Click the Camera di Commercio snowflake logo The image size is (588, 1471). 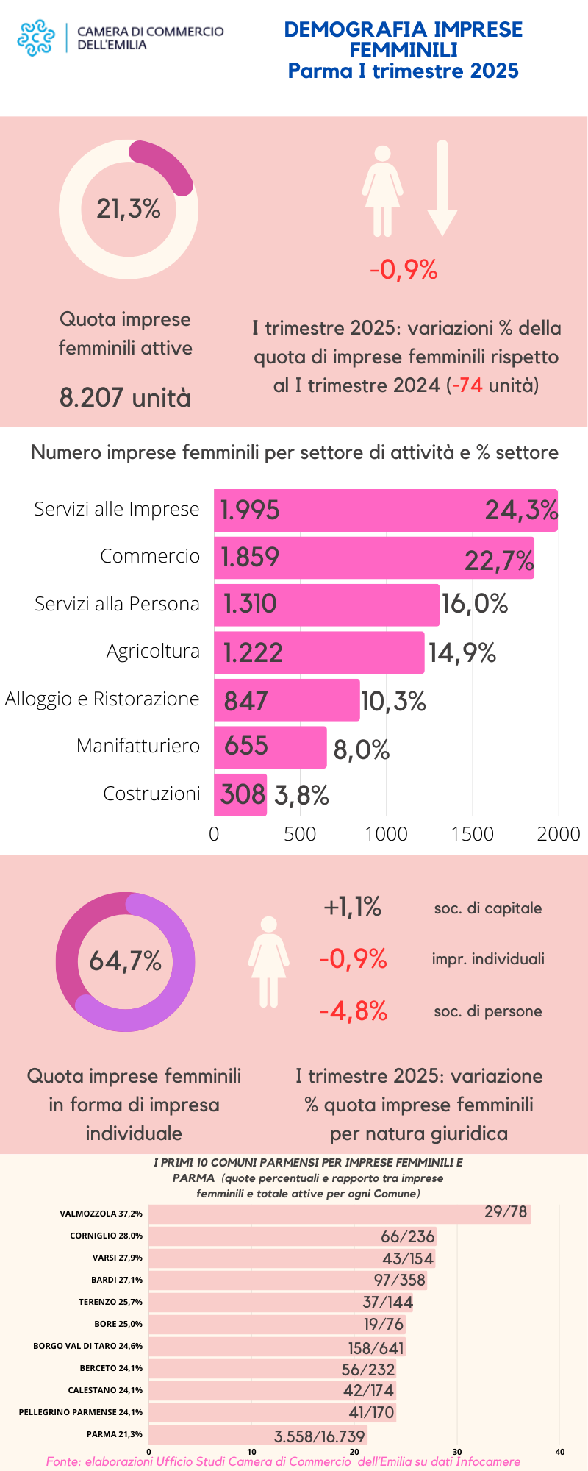point(36,38)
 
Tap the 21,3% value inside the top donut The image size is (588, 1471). point(129,209)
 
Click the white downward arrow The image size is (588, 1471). point(442,188)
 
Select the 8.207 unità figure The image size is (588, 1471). point(125,398)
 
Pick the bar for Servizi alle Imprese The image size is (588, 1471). point(385,510)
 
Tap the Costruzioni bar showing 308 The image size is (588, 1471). point(240,795)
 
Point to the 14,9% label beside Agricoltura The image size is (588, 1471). point(462,652)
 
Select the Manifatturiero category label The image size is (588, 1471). point(138,746)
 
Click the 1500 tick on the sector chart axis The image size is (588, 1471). point(473,834)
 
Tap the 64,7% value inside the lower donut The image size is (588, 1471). point(125,961)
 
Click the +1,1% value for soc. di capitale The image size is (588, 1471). point(353,907)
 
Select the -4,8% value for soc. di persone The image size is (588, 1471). point(353,1011)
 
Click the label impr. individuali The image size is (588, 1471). point(488,959)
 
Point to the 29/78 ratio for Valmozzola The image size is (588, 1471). point(506,1212)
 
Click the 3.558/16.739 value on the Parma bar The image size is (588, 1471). point(320,1436)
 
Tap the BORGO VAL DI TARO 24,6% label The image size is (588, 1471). point(88,1346)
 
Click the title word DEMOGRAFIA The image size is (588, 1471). point(355,29)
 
